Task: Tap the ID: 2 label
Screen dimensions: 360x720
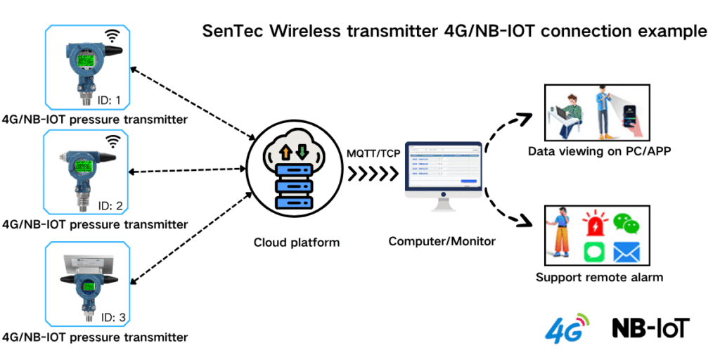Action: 110,206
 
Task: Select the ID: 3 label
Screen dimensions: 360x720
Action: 109,318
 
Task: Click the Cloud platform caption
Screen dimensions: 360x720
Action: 297,243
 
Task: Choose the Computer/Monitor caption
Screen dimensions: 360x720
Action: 442,241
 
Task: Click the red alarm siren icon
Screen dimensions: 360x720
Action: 594,224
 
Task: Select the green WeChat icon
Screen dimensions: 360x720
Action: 626,224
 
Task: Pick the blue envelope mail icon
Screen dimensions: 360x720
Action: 626,251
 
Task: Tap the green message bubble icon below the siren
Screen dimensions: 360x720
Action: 594,251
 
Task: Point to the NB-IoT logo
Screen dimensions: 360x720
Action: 651,328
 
